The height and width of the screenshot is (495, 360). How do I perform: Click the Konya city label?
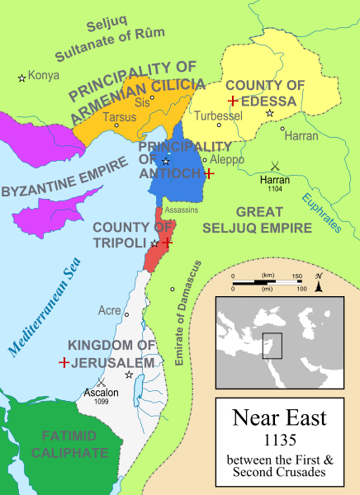tap(44, 75)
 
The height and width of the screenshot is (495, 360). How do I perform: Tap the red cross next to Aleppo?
tap(210, 174)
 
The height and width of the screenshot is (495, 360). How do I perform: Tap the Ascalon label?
tap(100, 392)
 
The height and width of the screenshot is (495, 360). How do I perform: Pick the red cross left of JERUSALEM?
tap(64, 362)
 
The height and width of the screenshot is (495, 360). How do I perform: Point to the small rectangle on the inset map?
tap(272, 346)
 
